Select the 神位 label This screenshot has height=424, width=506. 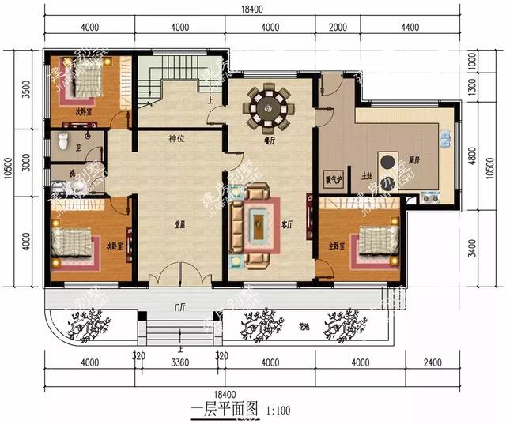point(176,140)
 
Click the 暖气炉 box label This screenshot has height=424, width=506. point(334,179)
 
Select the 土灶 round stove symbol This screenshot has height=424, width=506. point(388,162)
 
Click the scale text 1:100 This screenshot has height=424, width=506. point(278,410)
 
